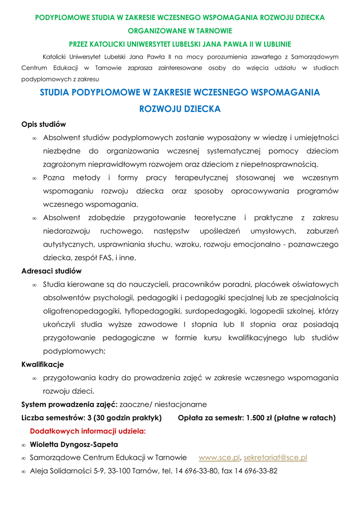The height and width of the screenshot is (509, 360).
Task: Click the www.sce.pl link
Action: tap(219, 457)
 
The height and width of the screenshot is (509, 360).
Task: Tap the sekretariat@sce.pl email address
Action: tap(275, 457)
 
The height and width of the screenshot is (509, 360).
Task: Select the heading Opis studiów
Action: tap(44, 124)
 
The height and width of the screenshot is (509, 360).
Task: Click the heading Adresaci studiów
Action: tap(51, 271)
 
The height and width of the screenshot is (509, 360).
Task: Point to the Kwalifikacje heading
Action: tap(42, 364)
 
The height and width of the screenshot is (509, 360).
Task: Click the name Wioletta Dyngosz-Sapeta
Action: tap(74, 444)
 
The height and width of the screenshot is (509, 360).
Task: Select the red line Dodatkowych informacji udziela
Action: tap(88, 431)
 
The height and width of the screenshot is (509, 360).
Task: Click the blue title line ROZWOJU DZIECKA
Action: tap(180, 109)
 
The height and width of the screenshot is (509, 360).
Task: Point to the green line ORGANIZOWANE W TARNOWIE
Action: tap(180, 30)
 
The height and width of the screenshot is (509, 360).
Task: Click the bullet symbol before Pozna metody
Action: tap(34, 178)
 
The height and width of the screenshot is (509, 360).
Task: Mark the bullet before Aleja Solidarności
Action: tap(23, 471)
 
